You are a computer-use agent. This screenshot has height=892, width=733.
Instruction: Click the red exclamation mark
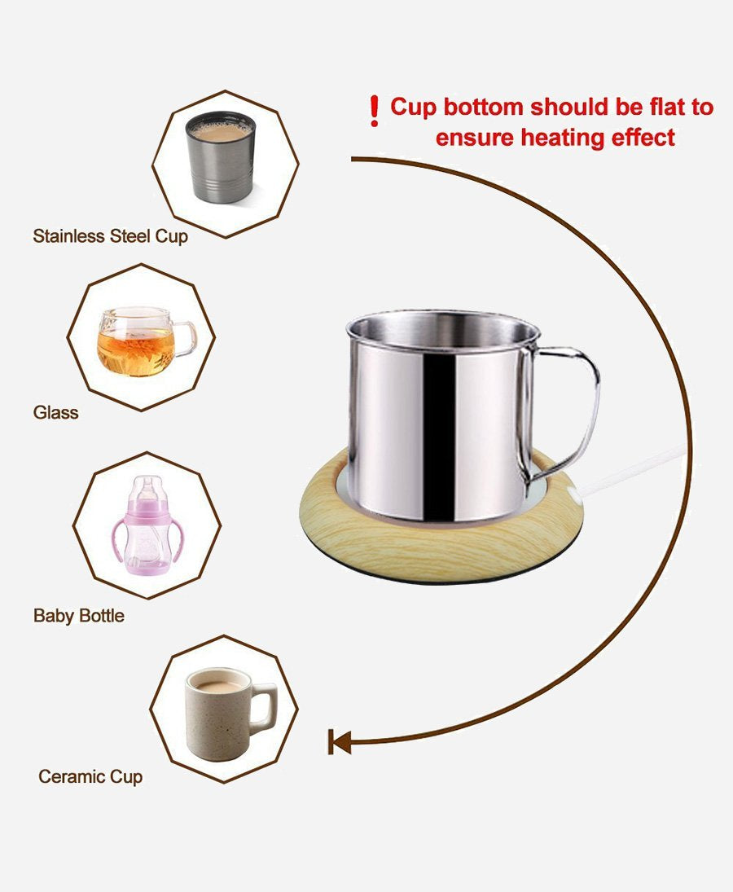[x=374, y=111]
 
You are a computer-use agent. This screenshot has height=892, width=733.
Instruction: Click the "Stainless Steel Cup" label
[x=110, y=236]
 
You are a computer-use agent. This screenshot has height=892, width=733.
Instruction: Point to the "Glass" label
[x=55, y=412]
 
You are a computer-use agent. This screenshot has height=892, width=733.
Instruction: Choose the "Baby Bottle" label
[x=78, y=616]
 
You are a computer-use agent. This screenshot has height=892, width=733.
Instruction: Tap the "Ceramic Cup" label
[x=90, y=776]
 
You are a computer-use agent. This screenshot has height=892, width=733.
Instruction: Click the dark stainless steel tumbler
[x=221, y=157]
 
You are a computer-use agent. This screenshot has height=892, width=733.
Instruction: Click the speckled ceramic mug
[x=230, y=714]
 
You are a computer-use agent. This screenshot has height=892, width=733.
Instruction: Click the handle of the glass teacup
[x=185, y=339]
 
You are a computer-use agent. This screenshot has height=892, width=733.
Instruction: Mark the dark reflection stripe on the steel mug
[x=439, y=433]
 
